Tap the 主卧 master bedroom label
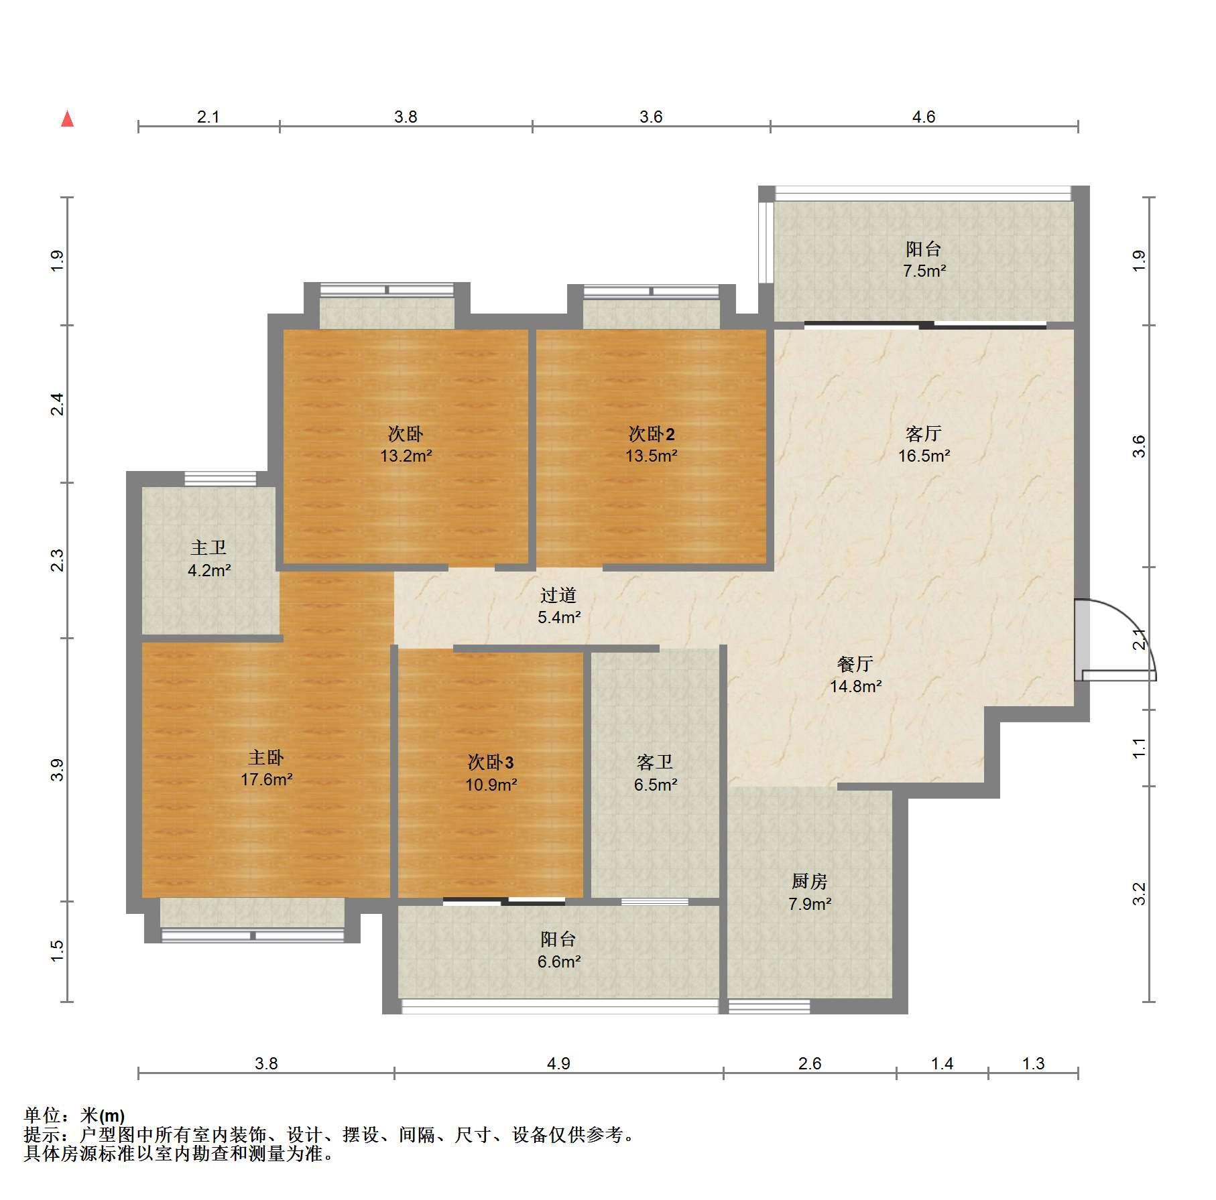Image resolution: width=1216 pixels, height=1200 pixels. pos(266,758)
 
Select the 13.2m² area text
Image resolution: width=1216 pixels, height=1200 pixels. pos(406,456)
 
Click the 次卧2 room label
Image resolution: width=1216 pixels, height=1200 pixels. pos(652,434)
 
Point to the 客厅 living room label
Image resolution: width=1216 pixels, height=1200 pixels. pos(923,434)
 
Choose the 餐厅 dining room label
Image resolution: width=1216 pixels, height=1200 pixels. pos(855,664)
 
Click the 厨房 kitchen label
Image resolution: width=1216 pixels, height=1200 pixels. pos(809,882)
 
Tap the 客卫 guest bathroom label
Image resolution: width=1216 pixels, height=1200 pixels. pos(655,762)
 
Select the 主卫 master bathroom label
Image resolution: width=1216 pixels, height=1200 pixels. pos(208,548)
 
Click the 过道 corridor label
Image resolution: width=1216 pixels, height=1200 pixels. pos(558,595)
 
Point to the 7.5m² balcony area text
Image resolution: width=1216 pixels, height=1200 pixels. pos(924,271)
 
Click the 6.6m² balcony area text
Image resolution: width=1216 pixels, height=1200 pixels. pos(558,961)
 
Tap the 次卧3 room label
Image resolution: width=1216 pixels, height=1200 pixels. pos(491,762)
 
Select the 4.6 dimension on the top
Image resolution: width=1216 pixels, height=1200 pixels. pos(924,117)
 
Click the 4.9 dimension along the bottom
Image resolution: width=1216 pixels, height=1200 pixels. pos(558,1064)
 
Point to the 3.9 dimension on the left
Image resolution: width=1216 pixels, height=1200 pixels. pos(58,770)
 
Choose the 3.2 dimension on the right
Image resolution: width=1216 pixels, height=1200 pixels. pos(1140,894)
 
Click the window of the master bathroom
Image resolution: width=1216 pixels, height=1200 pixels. pos(221,479)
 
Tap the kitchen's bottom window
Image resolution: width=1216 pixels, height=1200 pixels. pos(770,1006)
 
